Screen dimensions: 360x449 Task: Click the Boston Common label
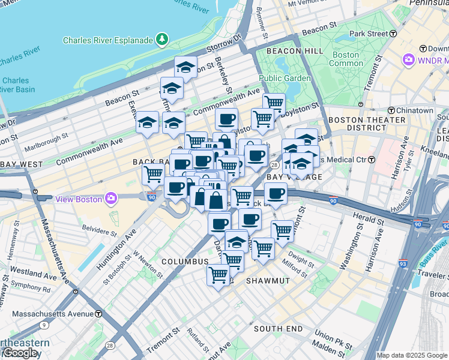pyautogui.click(x=346, y=59)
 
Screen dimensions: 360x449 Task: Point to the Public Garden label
pyautogui.click(x=285, y=78)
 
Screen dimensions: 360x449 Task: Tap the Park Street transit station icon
pyautogui.click(x=393, y=34)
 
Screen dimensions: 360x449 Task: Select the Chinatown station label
pyautogui.click(x=415, y=110)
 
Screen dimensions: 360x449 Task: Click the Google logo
pyautogui.click(x=20, y=353)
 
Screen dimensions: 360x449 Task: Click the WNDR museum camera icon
pyautogui.click(x=409, y=60)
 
